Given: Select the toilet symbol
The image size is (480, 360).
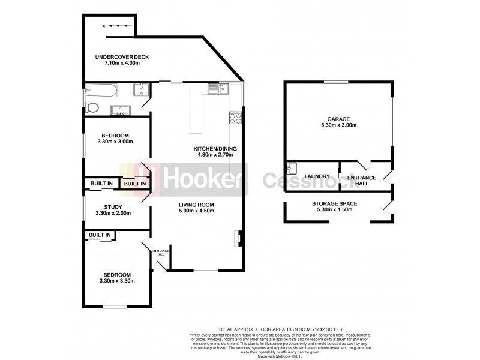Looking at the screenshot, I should click(92, 108).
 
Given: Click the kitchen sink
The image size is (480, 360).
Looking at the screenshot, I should click(215, 89).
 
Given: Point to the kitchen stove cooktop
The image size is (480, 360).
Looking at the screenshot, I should click(235, 118).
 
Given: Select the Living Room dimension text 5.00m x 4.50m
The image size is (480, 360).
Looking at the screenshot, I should click(196, 211).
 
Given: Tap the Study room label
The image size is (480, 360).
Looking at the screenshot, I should click(113, 207).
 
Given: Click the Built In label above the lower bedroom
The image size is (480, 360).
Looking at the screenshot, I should click(100, 235).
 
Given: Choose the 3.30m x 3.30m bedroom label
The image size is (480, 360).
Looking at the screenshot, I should click(116, 280).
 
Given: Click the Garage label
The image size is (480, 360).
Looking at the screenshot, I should click(338, 119).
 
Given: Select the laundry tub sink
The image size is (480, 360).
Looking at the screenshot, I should click(292, 168).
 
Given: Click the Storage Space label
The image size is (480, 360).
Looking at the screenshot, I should click(334, 203).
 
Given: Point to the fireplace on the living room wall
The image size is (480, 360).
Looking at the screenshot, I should click(238, 239).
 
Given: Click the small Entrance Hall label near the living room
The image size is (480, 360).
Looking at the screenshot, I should click(160, 252).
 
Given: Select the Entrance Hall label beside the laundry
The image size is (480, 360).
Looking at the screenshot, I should click(362, 179).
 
